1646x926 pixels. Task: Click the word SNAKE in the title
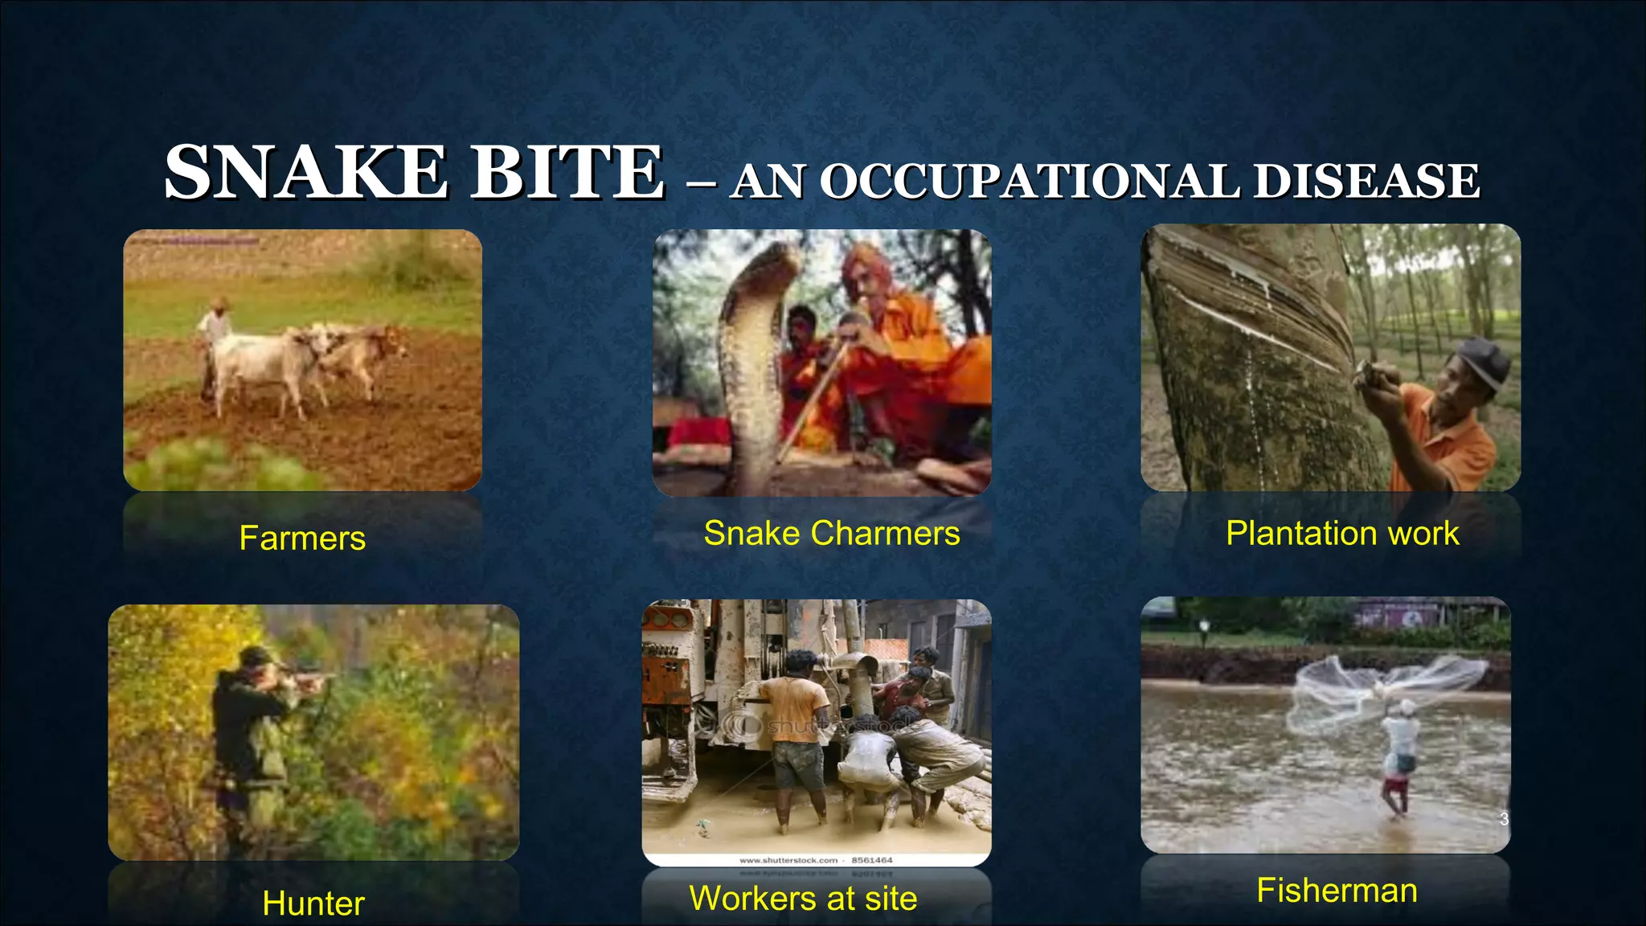coord(305,173)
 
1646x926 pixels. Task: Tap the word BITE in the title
coord(567,173)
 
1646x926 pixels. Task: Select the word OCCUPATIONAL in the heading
coord(1029,181)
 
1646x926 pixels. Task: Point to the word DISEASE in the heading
coord(1366,181)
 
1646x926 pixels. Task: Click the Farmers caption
coord(302,538)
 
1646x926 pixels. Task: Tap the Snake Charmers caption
coord(832,533)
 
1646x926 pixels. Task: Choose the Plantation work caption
coord(1342,533)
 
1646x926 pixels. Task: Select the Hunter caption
coord(313,903)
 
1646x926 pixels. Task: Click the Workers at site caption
coord(803,898)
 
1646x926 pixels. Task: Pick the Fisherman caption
coord(1337,890)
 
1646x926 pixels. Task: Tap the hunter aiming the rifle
coord(249,715)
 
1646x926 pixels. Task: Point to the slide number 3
coord(1504,819)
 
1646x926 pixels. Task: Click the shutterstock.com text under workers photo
coord(788,860)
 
